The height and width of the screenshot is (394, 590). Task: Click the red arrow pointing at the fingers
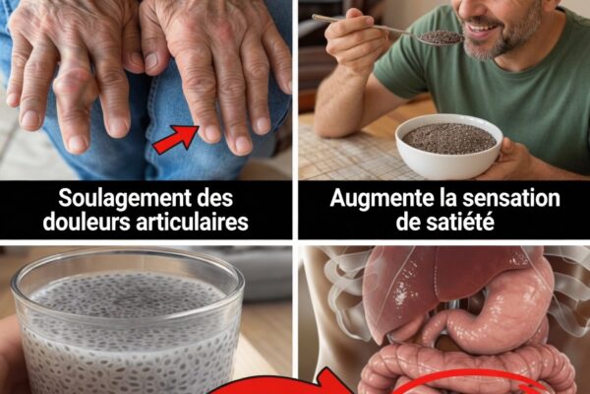[x=176, y=140]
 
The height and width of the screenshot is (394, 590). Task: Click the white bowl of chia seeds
[x=449, y=145]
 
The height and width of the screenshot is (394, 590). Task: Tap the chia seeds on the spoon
[x=441, y=37]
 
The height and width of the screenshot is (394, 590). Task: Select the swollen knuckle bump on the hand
[x=72, y=81]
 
